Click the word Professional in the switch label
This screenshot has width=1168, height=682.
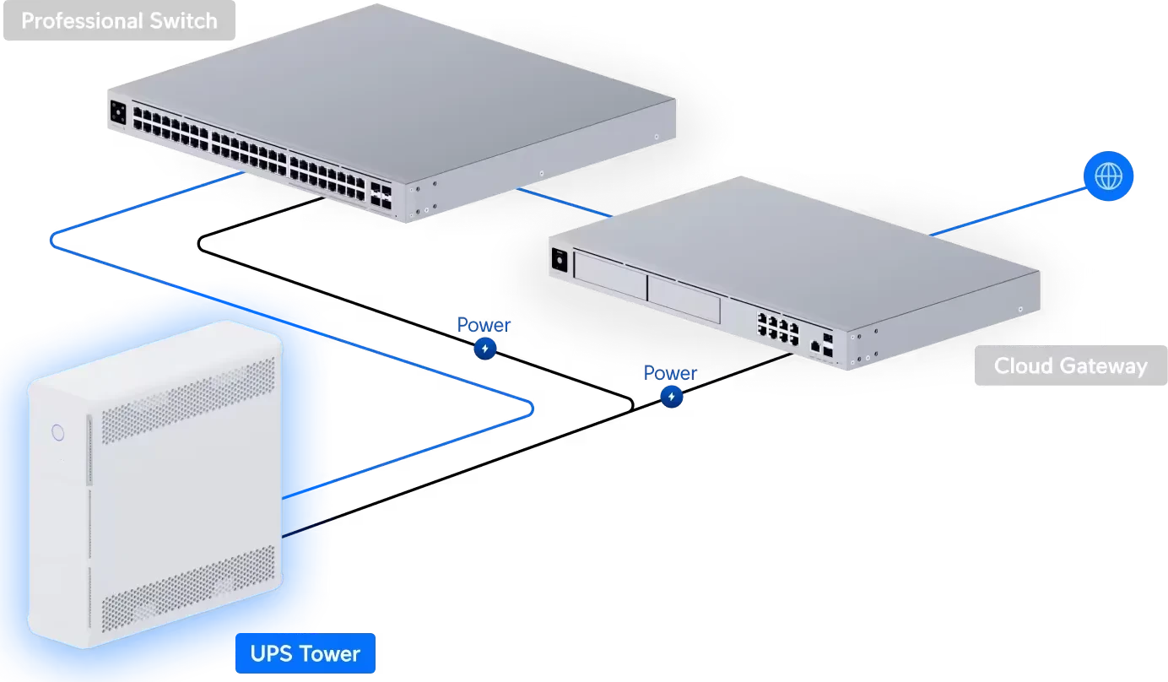point(76,21)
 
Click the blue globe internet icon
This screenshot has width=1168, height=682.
point(1109,176)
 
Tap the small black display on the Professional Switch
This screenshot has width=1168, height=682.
point(117,111)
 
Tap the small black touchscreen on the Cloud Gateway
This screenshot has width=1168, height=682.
point(558,261)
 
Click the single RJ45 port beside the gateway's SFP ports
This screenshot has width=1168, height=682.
point(814,346)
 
